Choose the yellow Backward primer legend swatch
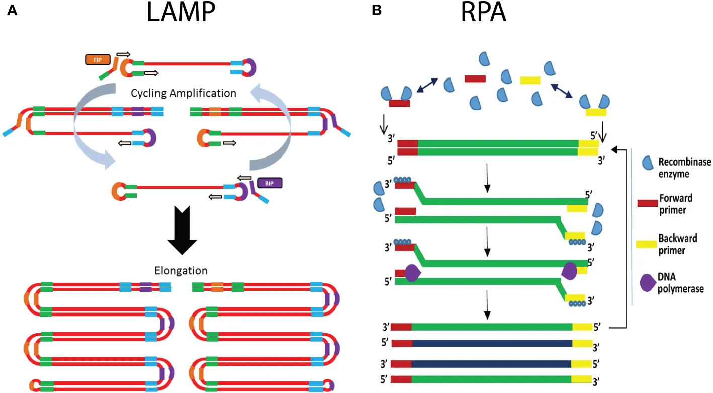point(647,243)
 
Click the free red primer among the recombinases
point(475,78)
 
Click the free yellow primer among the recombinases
point(530,80)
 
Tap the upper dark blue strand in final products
point(492,344)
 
